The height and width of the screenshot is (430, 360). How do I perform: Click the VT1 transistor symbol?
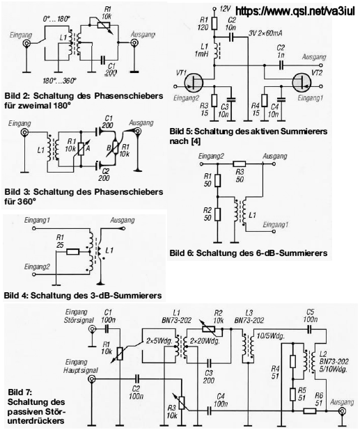tap(194, 82)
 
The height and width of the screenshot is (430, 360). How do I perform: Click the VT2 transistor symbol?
tap(302, 82)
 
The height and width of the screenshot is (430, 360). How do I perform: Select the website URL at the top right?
tap(295, 11)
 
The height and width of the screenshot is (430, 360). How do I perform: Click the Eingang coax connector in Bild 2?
tap(26, 44)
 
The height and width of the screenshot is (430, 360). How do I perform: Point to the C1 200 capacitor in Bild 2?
tap(103, 60)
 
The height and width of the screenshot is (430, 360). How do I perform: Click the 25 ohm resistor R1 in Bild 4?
tap(73, 252)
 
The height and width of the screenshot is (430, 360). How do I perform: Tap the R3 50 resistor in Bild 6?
tap(240, 164)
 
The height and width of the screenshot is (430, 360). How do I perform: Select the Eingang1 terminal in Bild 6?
tap(273, 232)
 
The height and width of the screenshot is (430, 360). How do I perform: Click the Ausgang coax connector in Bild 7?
tap(342, 411)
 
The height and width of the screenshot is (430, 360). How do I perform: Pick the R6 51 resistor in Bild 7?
tap(310, 411)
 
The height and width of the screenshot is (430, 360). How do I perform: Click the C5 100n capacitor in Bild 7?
tap(310, 329)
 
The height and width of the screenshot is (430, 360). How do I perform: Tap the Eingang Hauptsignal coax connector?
tap(91, 379)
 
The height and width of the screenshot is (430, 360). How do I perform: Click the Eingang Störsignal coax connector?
tap(92, 329)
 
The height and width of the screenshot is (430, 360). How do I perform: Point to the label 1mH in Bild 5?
tap(202, 54)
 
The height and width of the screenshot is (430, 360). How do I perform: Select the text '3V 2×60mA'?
tap(265, 33)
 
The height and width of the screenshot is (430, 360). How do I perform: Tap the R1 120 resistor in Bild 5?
tap(214, 24)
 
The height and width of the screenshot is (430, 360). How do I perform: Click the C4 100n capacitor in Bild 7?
tap(210, 411)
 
